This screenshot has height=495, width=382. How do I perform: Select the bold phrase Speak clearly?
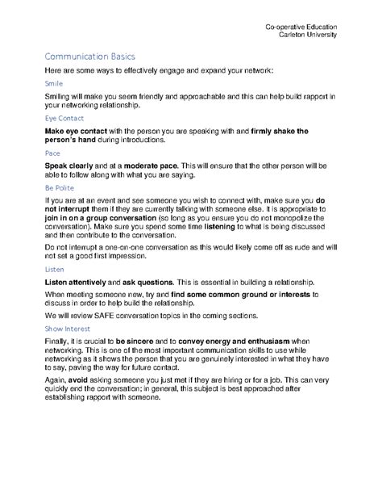pyautogui.click(x=71, y=163)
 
